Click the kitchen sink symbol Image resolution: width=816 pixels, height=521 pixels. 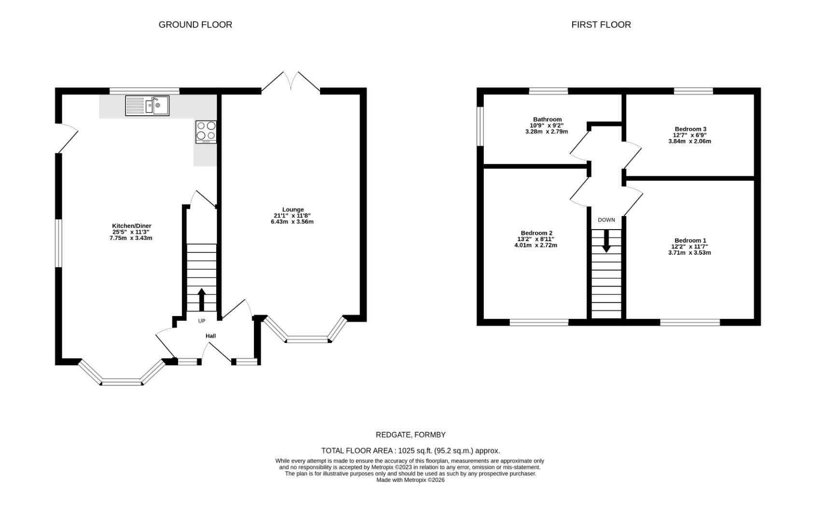147,105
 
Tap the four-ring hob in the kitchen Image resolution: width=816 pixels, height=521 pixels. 206,132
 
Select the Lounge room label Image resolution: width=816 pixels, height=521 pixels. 293,209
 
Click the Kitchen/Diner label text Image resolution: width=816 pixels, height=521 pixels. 131,226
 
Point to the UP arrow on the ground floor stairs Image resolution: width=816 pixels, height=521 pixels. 201,300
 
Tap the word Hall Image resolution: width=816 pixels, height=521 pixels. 211,336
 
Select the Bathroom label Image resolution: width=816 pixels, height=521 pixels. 547,119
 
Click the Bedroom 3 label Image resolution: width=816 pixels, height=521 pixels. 690,129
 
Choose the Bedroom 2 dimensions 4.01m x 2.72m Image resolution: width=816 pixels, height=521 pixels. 535,245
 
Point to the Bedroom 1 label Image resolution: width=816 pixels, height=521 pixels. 690,240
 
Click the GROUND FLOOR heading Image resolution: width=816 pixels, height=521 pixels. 195,25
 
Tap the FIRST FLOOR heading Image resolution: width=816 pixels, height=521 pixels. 601,25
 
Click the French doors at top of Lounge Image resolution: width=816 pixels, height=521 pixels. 291,82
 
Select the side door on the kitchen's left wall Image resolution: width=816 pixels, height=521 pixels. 67,139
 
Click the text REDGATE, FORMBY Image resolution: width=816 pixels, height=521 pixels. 410,435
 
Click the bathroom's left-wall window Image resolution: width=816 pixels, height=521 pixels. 480,125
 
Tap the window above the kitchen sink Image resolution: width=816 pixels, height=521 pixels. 144,91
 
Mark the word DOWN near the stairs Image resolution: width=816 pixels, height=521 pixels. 606,220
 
